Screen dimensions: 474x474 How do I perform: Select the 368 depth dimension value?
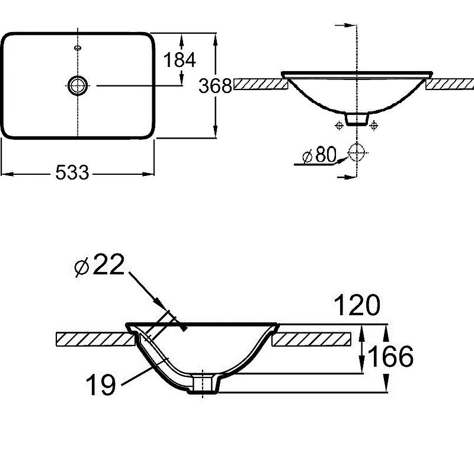[x=214, y=87]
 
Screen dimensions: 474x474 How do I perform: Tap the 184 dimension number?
[x=179, y=60]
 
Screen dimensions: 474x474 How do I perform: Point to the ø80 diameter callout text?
[x=319, y=156]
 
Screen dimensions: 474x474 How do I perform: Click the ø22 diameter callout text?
[x=100, y=266]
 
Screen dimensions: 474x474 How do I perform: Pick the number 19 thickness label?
[x=101, y=386]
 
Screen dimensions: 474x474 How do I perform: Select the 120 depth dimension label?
[x=357, y=306]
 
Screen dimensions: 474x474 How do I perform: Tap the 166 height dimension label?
[x=390, y=357]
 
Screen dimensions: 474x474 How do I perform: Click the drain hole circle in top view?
[x=77, y=86]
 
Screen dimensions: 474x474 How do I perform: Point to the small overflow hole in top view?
[x=77, y=47]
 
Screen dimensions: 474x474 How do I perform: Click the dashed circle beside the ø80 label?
[x=357, y=153]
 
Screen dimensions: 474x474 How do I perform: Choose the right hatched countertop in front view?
[x=449, y=84]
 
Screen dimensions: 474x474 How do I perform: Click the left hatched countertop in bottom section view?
[x=93, y=339]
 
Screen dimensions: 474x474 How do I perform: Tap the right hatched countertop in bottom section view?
[x=312, y=339]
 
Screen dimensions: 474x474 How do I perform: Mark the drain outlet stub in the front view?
[x=356, y=119]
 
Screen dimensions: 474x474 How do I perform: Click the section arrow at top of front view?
[x=347, y=25]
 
